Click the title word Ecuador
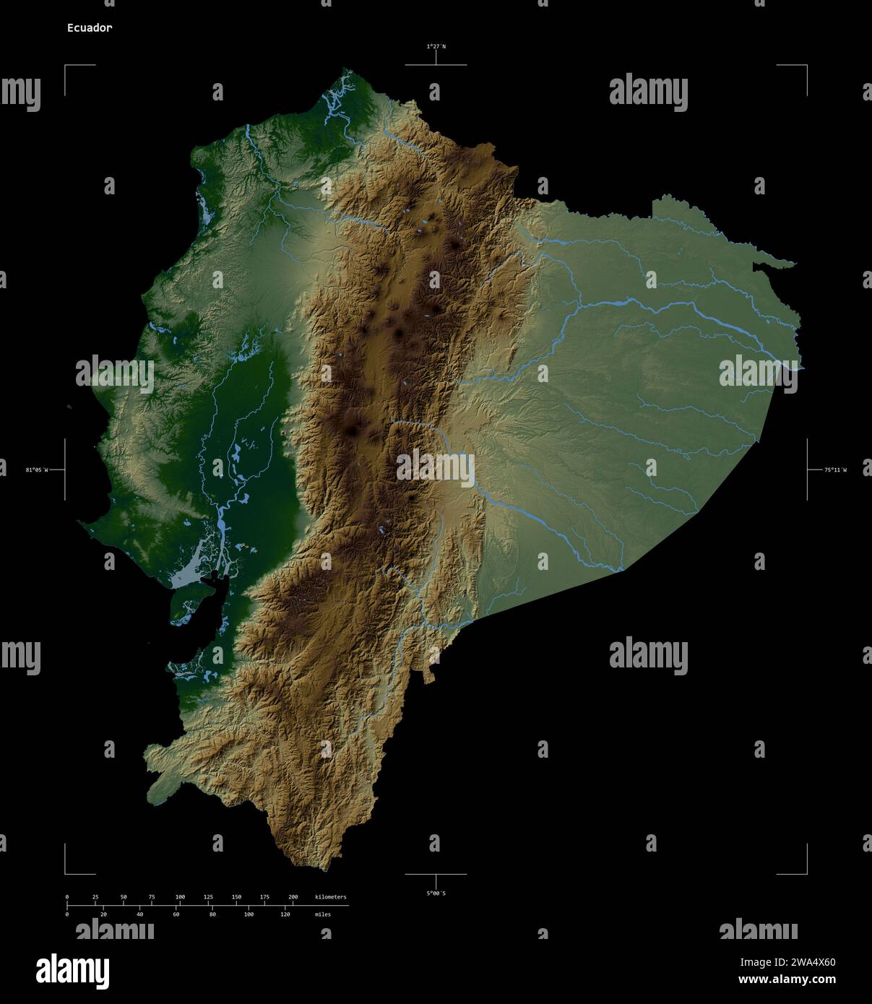tap(89, 28)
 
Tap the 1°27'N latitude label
tap(436, 46)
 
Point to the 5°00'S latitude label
tap(436, 893)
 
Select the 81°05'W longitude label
tap(37, 470)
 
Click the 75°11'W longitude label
tap(835, 470)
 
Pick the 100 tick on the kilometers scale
tap(180, 897)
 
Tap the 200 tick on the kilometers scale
tap(293, 897)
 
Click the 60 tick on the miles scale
tap(176, 914)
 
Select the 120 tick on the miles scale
tap(285, 914)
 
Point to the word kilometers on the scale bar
tap(330, 897)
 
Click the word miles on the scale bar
tap(323, 914)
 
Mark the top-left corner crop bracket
tap(66, 66)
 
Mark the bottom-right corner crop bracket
tap(806, 873)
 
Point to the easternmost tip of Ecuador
tap(803, 368)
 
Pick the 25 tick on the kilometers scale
tap(95, 897)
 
